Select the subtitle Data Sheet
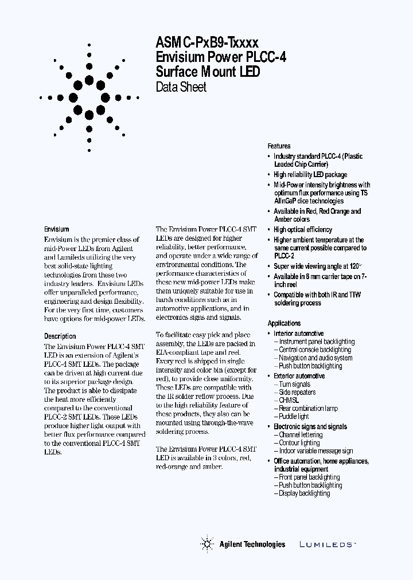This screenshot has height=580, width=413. coord(181,87)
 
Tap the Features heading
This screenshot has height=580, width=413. coord(279,146)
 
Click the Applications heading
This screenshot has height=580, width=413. coord(284,323)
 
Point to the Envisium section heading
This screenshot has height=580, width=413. coord(56,229)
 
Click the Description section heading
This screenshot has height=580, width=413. coord(60,336)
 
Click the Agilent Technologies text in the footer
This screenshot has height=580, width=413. coord(252,544)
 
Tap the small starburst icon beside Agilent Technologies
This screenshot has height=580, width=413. coord(207,543)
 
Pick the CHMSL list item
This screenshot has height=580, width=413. coord(289,401)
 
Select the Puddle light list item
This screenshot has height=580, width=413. coord(294,417)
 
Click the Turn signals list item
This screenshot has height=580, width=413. coord(294,385)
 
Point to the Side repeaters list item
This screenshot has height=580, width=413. coord(297,393)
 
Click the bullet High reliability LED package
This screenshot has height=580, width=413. coord(310,175)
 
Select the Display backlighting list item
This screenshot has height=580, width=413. coord(304,493)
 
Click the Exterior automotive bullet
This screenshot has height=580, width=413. coord(299,376)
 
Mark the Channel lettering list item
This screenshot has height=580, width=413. coord(301,435)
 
